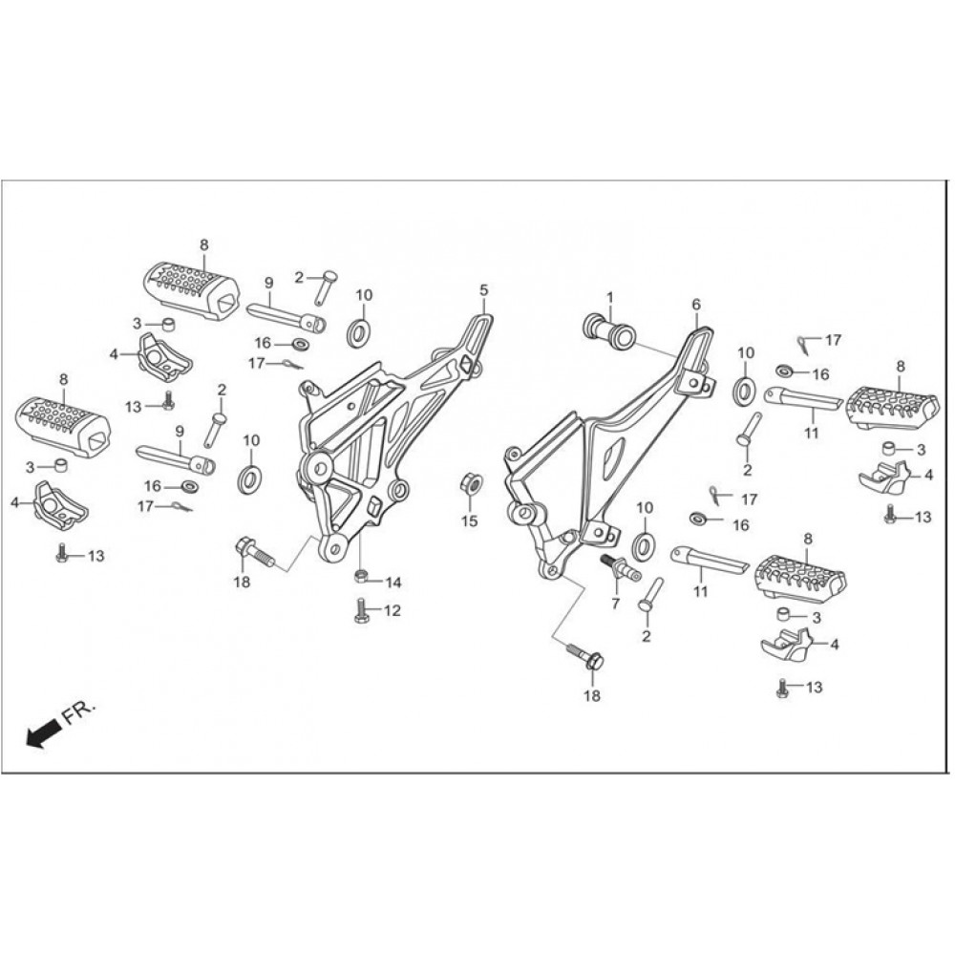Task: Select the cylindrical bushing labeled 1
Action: pos(607,331)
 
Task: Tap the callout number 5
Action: pos(484,288)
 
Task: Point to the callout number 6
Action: pos(696,304)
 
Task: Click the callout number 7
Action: pos(616,604)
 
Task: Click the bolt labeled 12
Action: pos(362,610)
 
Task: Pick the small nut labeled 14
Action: pos(362,575)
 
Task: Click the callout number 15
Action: pos(469,520)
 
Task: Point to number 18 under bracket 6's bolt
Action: pos(592,696)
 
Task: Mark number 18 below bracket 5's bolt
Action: pos(242,582)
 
